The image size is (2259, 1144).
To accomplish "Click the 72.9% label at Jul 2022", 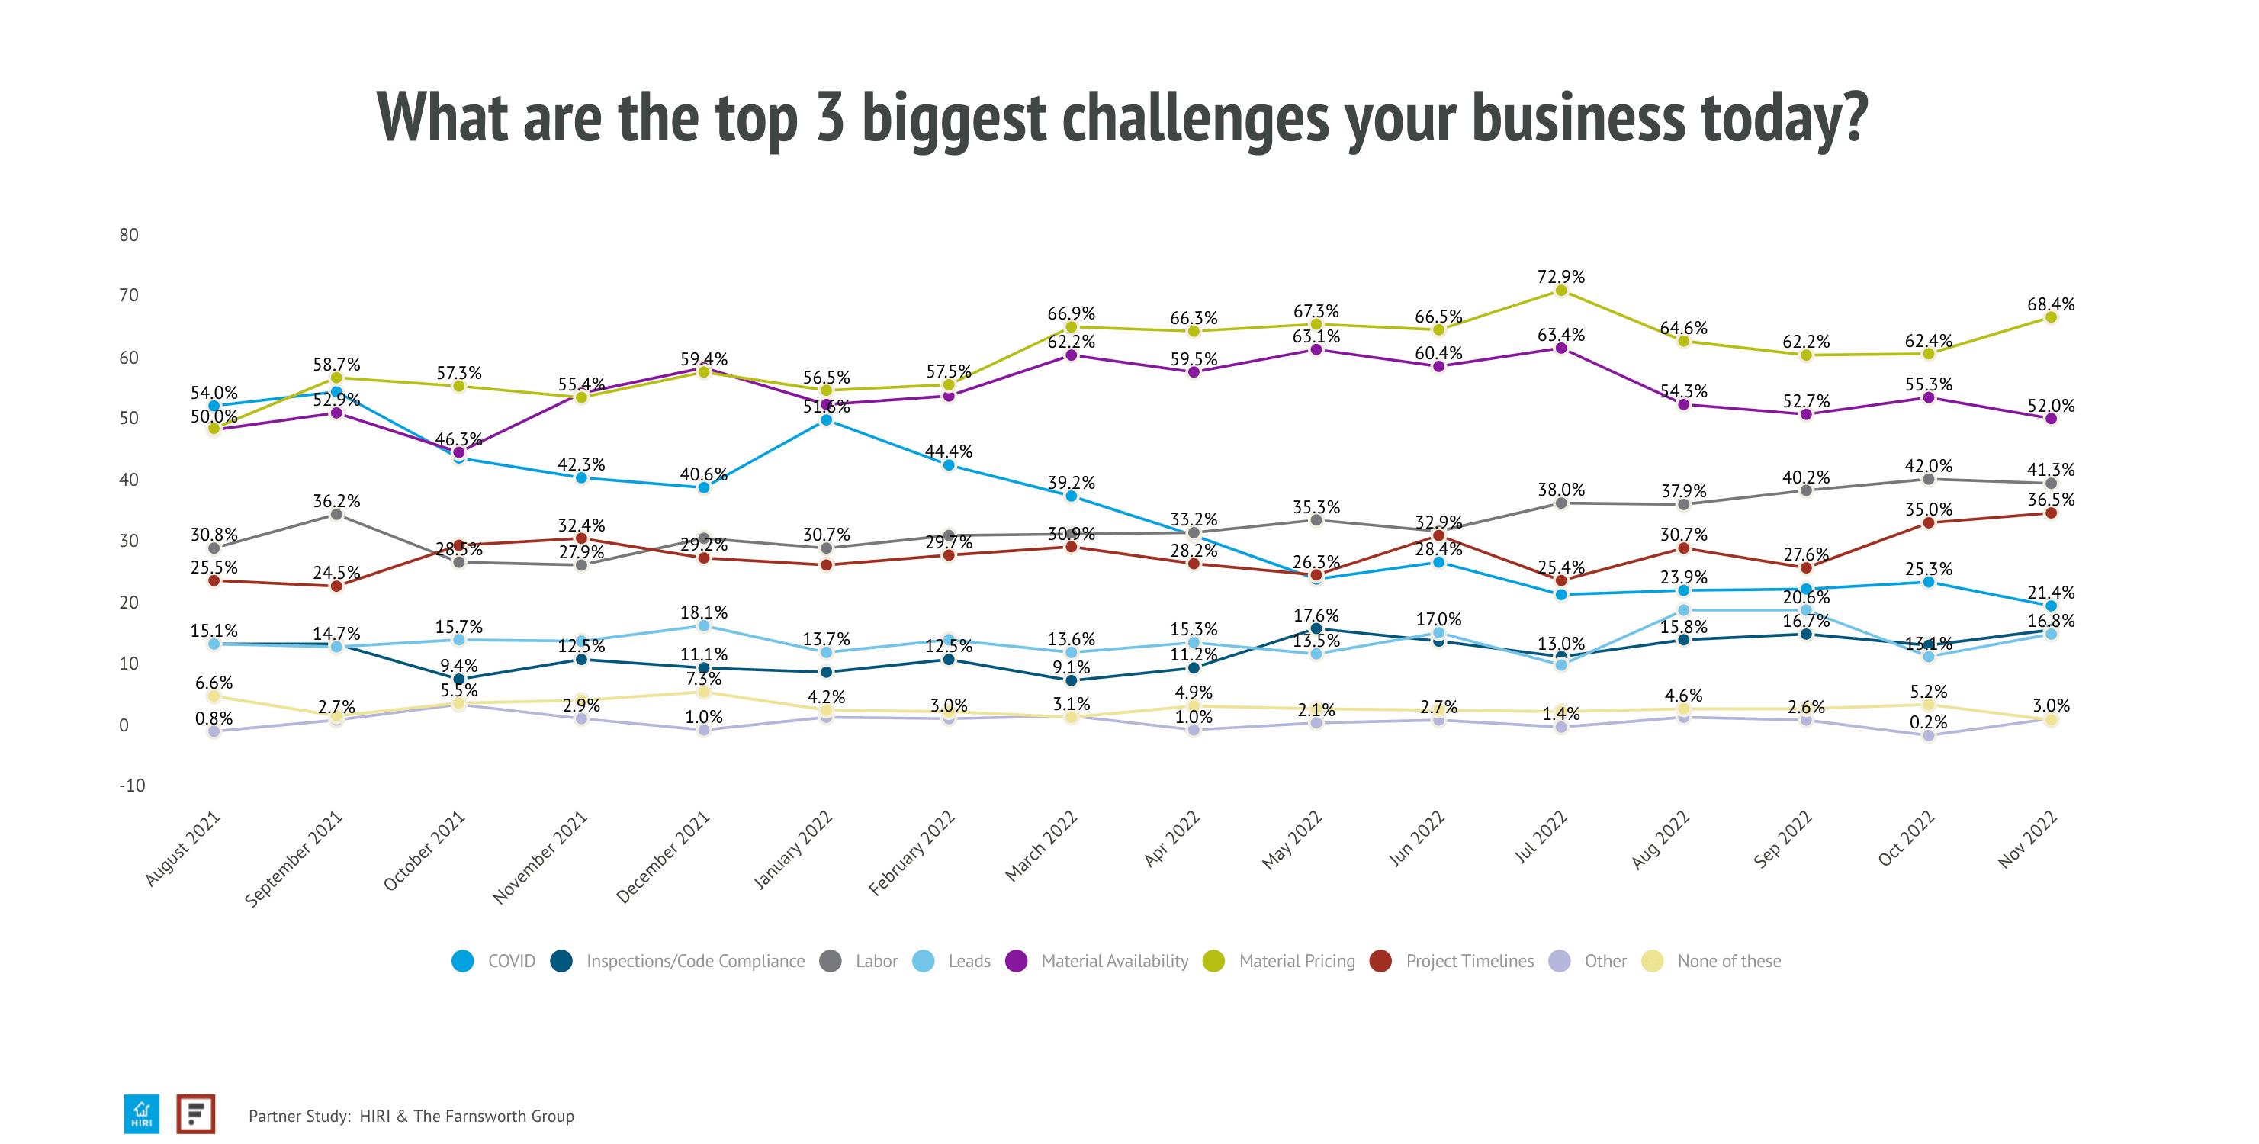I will point(1560,276).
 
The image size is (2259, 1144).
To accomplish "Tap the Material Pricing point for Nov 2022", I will point(2050,317).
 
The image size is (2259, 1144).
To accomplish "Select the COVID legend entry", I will point(510,961).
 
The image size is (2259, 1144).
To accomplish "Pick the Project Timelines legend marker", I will point(1380,961).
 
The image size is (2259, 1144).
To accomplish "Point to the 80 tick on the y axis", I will point(129,234).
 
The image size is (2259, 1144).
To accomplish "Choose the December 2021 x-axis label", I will point(663,858).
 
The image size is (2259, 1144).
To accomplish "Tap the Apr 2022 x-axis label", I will point(1171,840).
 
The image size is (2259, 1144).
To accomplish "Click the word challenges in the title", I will point(1195,118).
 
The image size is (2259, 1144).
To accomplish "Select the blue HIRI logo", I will point(141,1113).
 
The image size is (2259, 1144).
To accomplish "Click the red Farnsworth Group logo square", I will point(195,1113).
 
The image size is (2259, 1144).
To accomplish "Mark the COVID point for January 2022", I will point(825,420).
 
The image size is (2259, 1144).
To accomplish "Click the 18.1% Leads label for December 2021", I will point(703,612).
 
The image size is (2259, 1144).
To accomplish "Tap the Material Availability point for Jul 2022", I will point(1560,348).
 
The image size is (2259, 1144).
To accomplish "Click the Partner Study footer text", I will point(410,1116).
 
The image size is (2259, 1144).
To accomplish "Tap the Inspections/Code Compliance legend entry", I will point(695,961).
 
